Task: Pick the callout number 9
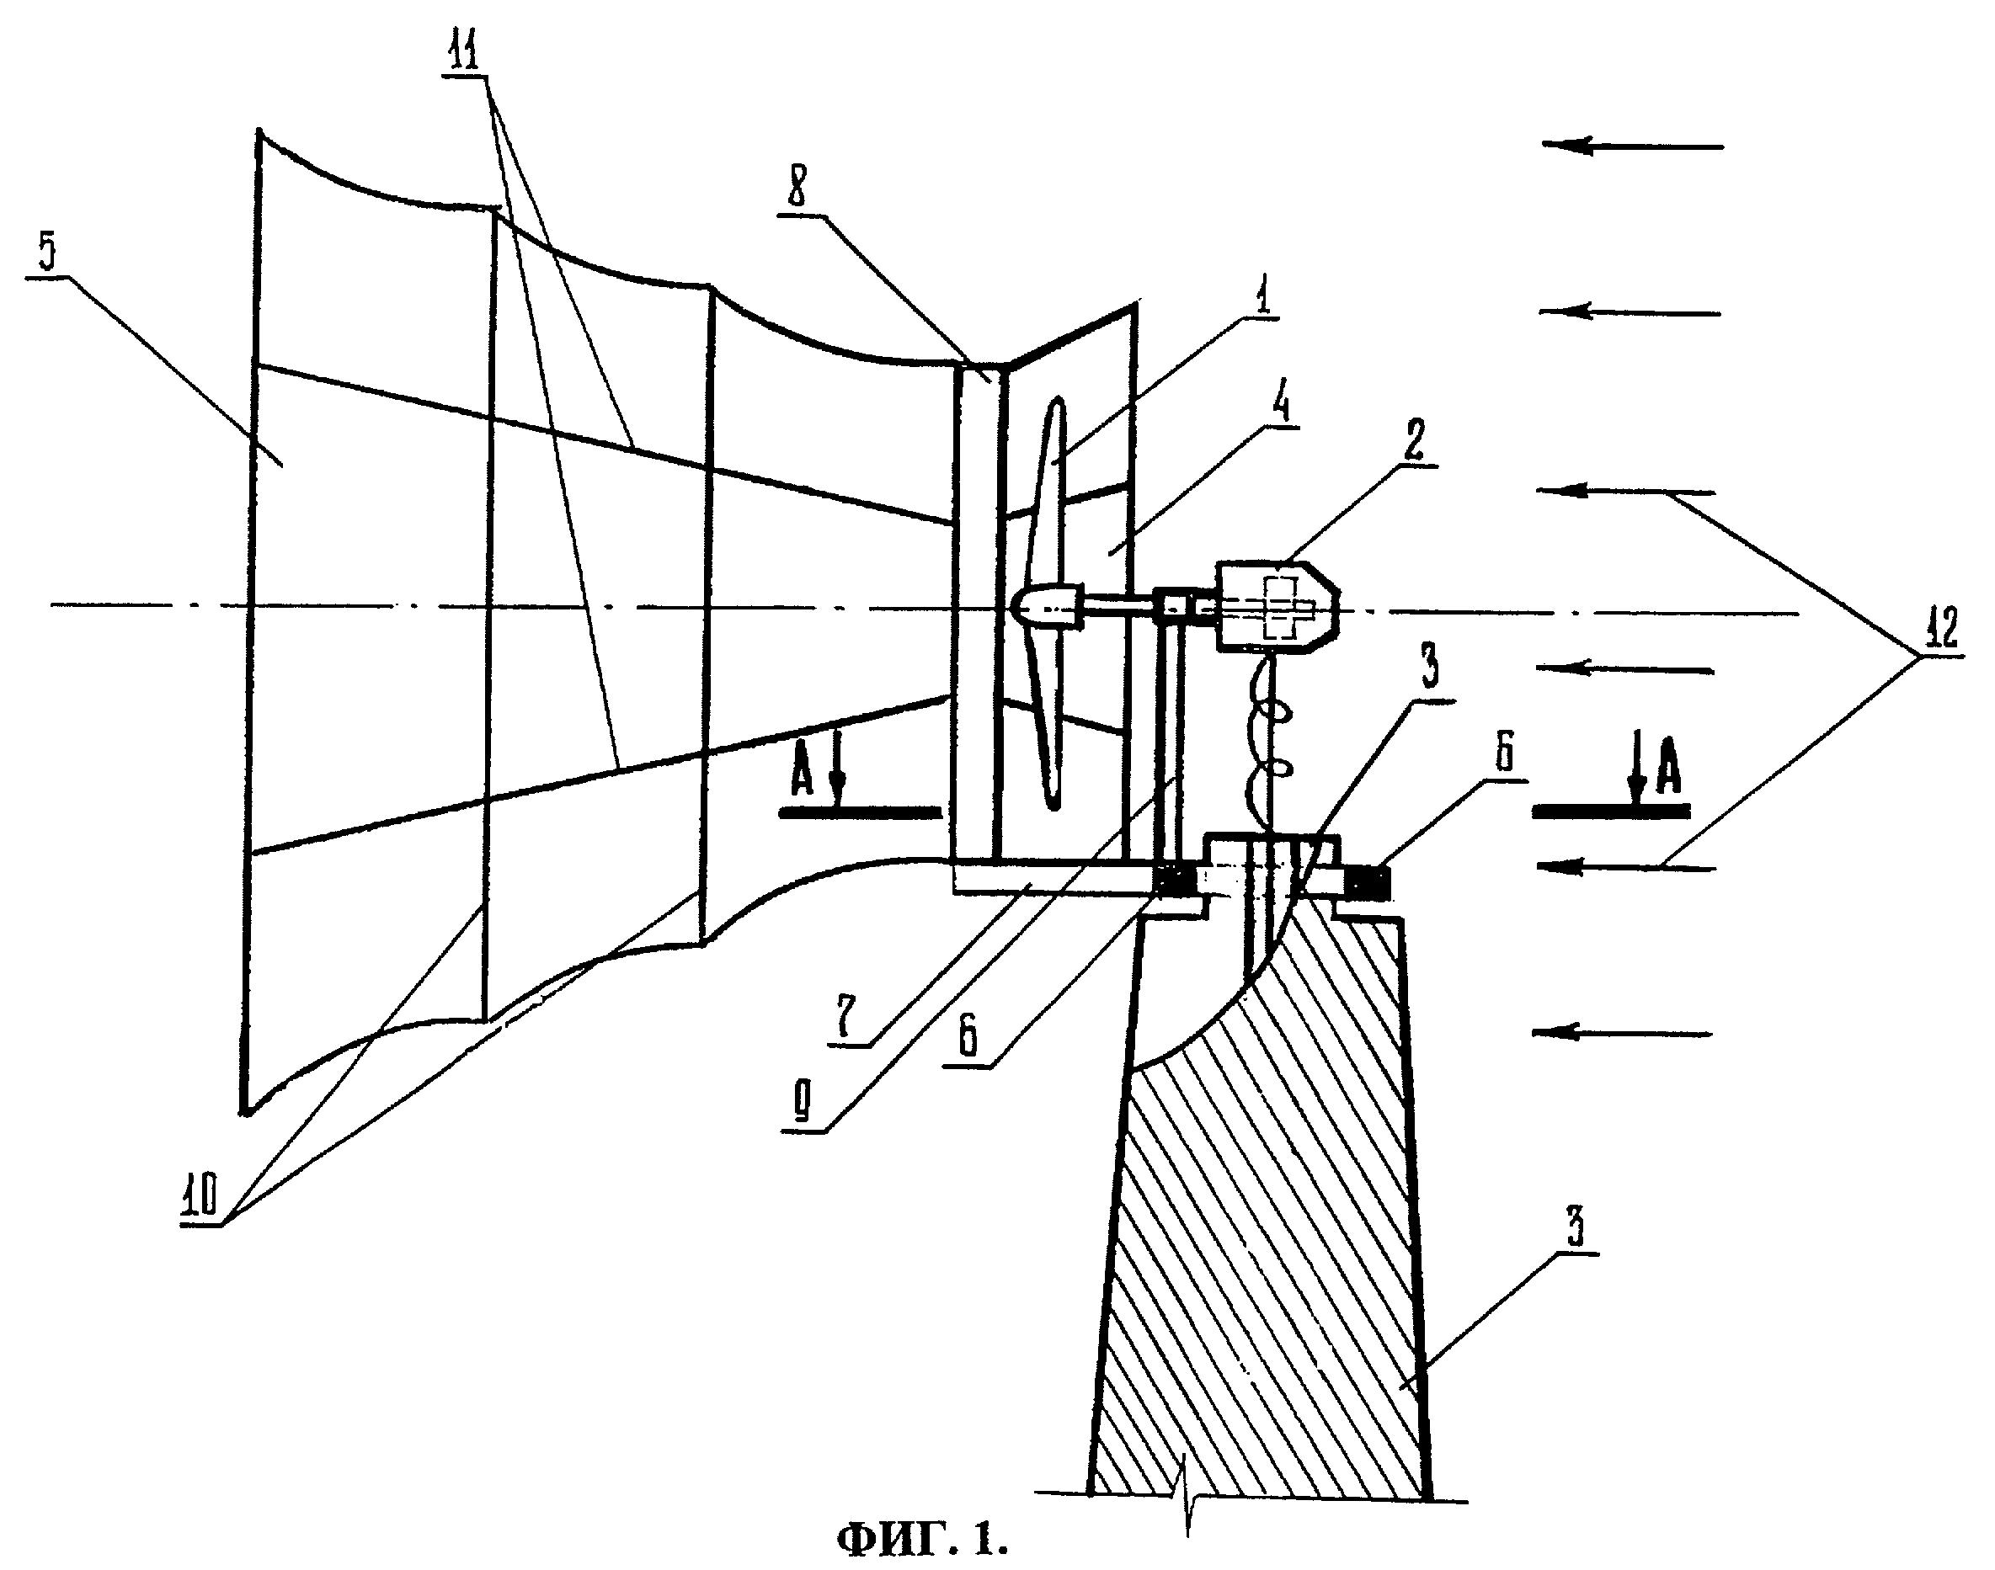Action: click(802, 1107)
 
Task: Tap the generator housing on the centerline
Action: click(1276, 607)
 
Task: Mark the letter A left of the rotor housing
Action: click(803, 773)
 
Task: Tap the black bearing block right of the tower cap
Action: click(1367, 882)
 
